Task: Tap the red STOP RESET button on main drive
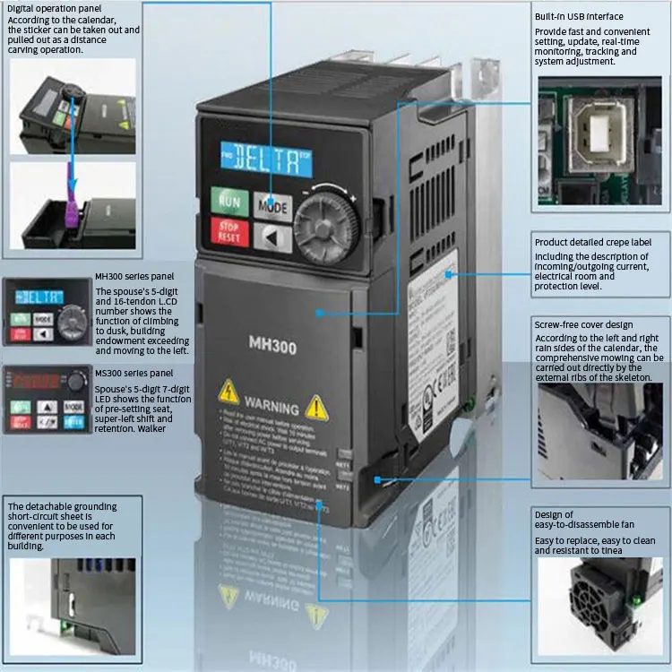point(229,232)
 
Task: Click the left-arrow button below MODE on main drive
point(272,237)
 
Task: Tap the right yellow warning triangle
point(315,408)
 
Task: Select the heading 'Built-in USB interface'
point(579,17)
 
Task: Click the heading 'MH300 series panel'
point(134,277)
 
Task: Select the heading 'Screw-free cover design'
point(583,324)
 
